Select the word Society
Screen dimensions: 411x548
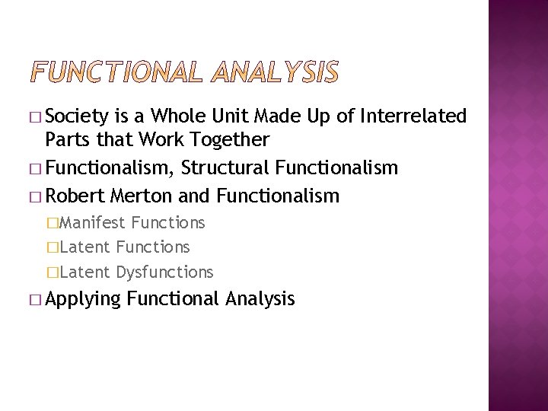pyautogui.click(x=78, y=116)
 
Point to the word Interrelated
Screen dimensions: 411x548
pyautogui.click(x=414, y=116)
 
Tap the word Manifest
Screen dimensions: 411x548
pyautogui.click(x=92, y=222)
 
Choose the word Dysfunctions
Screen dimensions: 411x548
pyautogui.click(x=164, y=272)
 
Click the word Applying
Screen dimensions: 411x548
pyautogui.click(x=83, y=299)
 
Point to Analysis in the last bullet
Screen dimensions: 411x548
pyautogui.click(x=260, y=299)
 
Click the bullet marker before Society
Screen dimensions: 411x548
pyautogui.click(x=37, y=117)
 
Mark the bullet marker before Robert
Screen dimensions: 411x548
pyautogui.click(x=37, y=196)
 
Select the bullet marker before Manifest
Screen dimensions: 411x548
pyautogui.click(x=53, y=223)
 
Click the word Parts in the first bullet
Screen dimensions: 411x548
pyautogui.click(x=66, y=140)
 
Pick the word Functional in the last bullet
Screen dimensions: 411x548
pyautogui.click(x=174, y=299)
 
